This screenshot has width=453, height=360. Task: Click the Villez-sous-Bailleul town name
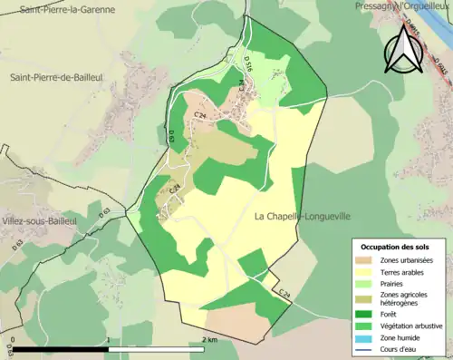38,220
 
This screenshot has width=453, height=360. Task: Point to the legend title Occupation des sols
395,247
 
